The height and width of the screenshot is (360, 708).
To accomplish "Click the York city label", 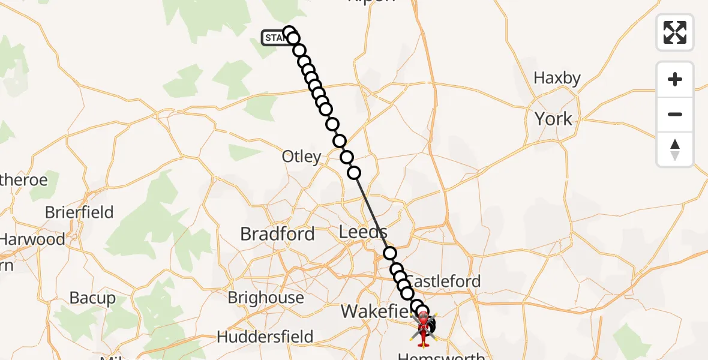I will click(553, 119).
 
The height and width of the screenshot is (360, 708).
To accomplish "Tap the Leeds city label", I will click(363, 232).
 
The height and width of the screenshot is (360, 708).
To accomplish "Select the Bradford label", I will click(277, 234).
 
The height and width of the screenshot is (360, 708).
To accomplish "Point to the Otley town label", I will click(301, 157).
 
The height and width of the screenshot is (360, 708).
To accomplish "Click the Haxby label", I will click(557, 78).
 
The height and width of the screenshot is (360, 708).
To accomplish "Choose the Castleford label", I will click(445, 281).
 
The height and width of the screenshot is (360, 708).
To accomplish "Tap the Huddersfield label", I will click(265, 337).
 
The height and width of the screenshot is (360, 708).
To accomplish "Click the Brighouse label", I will click(266, 298).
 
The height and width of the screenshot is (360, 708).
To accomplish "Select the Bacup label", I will click(92, 298).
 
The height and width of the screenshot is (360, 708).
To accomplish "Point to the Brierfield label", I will click(79, 212).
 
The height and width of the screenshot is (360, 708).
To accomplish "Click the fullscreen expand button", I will click(675, 32).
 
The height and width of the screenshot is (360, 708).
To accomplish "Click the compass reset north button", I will click(675, 150).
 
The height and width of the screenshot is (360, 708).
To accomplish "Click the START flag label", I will click(274, 38).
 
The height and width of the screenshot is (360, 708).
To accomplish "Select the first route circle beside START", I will click(289, 32).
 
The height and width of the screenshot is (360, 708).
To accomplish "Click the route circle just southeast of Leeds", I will click(390, 253).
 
